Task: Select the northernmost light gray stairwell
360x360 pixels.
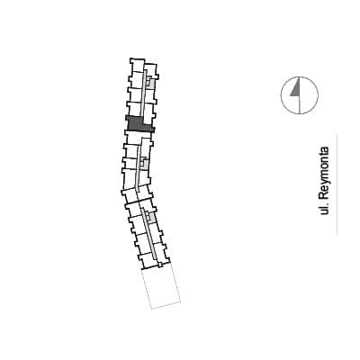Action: pos(150,82)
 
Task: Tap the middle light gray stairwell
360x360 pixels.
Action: pos(144,163)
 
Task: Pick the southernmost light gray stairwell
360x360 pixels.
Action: pos(151,217)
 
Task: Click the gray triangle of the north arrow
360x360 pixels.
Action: pos(296,88)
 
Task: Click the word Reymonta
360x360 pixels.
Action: pos(324,173)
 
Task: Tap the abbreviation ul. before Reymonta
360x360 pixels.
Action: pos(323,209)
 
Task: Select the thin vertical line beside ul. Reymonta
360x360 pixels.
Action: pos(337,183)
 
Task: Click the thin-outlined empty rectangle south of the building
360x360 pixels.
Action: pos(161,287)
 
